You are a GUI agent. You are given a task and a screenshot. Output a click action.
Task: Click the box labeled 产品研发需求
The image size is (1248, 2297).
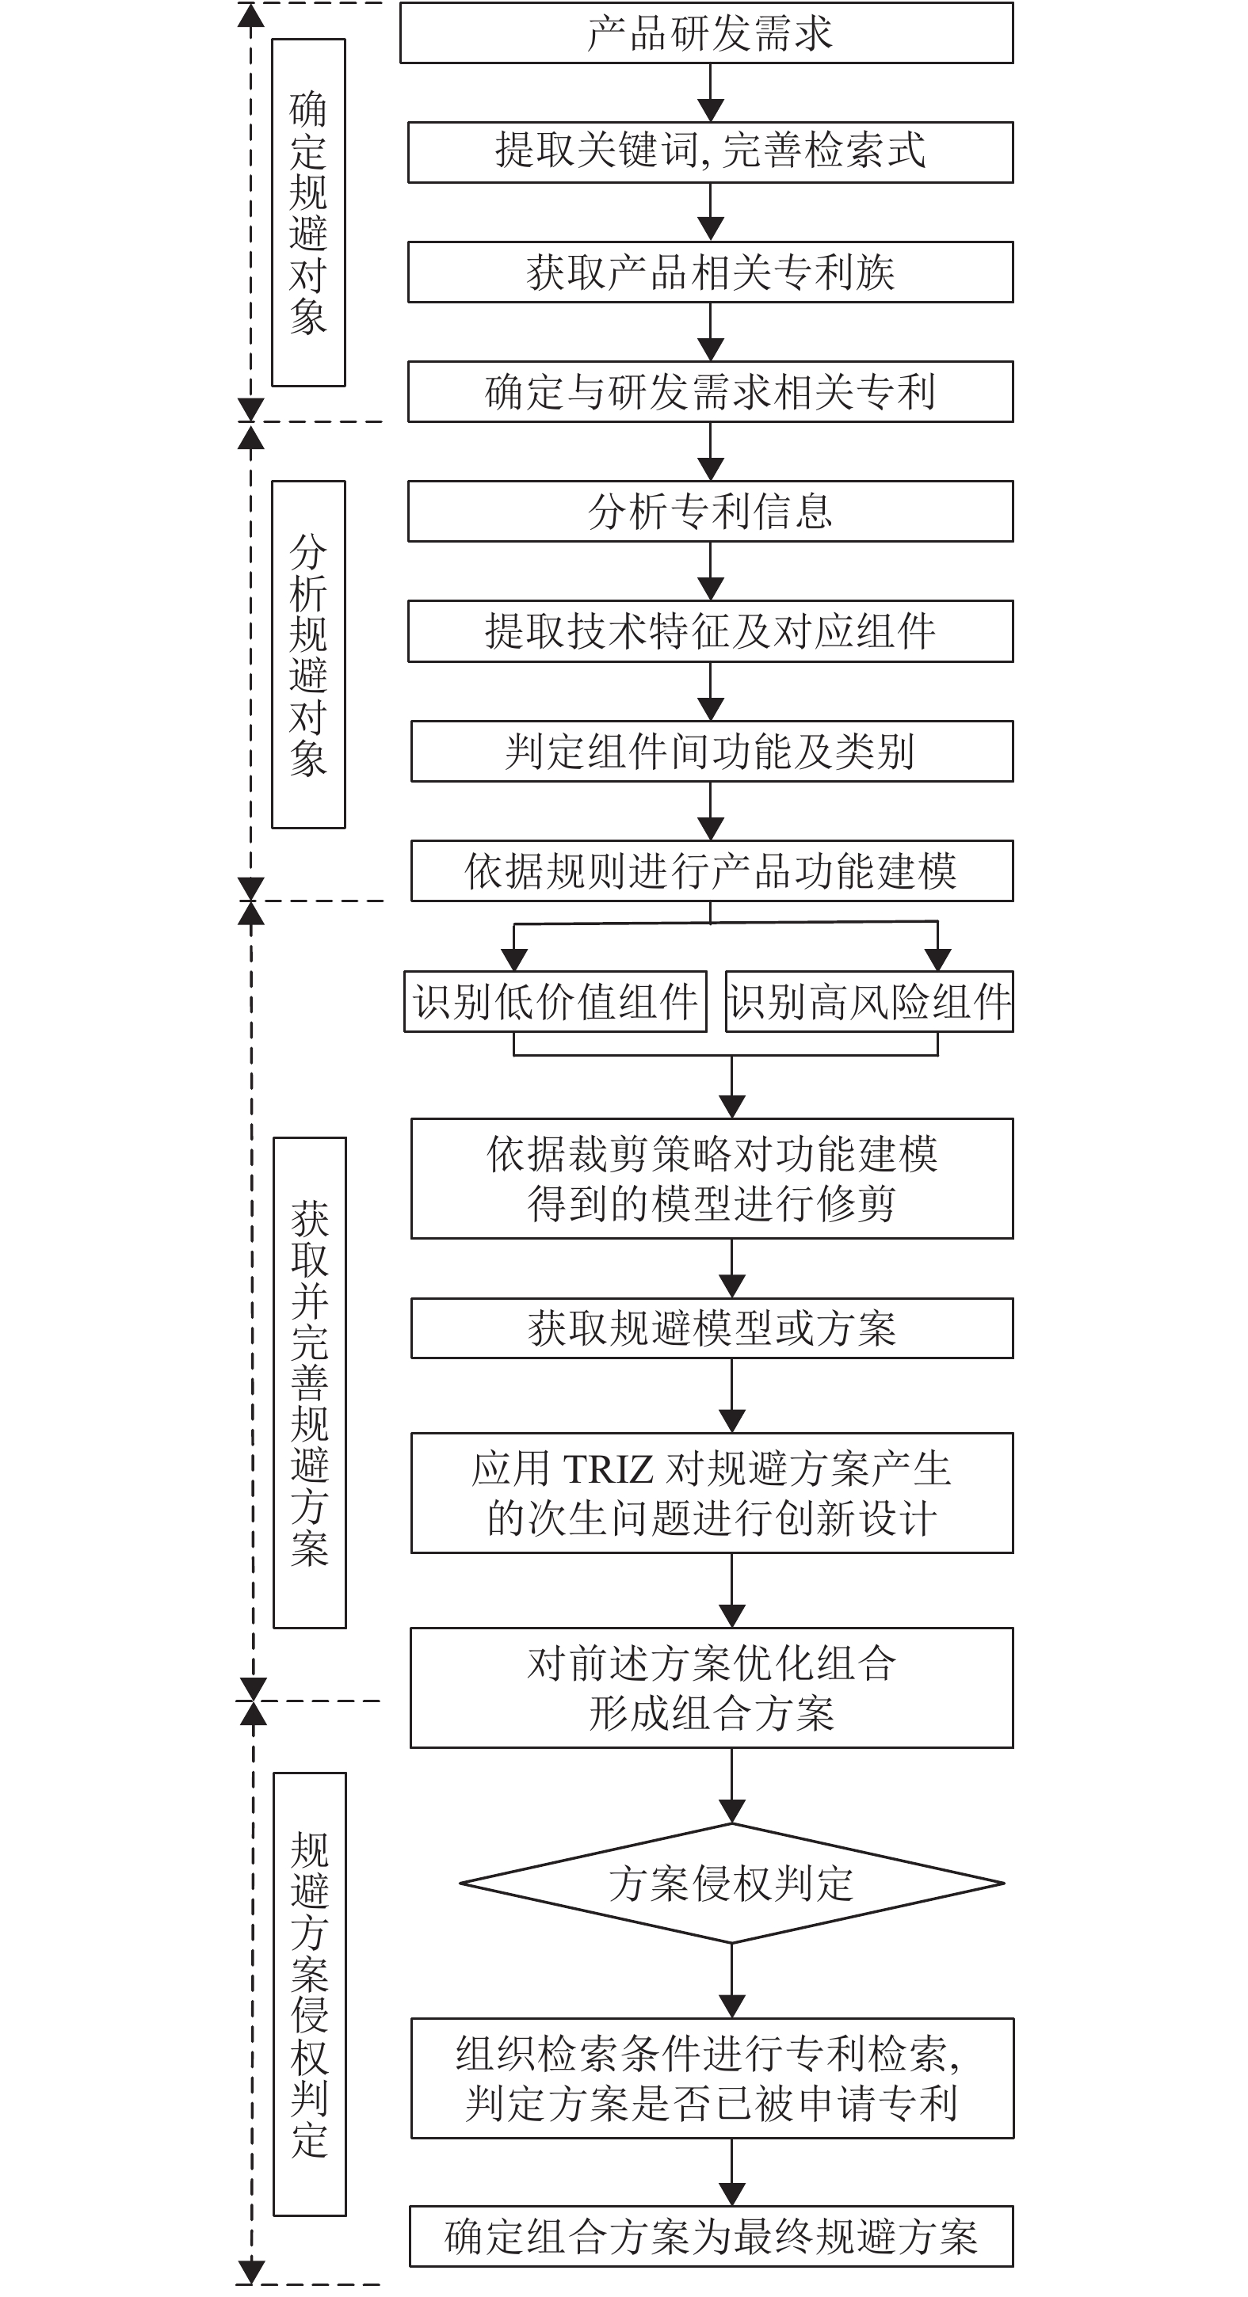pos(706,33)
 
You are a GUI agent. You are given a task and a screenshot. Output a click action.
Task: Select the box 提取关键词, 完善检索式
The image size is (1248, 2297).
pos(710,153)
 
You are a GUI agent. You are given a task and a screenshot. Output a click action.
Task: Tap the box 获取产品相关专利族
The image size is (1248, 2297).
pos(710,272)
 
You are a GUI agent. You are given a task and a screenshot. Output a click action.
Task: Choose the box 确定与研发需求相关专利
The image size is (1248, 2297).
pos(710,391)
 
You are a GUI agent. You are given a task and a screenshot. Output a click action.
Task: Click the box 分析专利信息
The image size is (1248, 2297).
pos(710,511)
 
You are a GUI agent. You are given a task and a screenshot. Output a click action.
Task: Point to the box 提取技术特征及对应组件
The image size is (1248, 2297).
pos(710,631)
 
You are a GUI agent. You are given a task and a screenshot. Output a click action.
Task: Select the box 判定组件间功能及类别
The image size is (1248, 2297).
pos(711,751)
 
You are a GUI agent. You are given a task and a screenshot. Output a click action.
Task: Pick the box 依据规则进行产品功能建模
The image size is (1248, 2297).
pos(711,870)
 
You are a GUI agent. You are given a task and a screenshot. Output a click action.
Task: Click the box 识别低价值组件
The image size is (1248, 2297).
pos(555,1001)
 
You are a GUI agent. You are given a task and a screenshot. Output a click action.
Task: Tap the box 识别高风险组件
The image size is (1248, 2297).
pos(869,1001)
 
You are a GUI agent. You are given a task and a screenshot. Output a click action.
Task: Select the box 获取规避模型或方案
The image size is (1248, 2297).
pos(711,1328)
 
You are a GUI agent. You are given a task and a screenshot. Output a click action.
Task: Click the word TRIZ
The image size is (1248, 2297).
pos(609,1469)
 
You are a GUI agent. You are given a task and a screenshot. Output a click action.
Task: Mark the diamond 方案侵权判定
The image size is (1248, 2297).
pos(731,1884)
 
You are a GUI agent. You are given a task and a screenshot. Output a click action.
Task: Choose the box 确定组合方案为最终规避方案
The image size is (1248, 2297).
pos(711,2235)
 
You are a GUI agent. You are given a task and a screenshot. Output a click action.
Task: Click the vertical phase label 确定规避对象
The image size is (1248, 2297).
pos(309,212)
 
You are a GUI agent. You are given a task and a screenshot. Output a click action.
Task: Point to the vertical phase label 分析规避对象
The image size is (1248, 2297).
pos(309,654)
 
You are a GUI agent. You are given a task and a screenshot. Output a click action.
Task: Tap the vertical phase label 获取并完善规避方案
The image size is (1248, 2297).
pos(310,1382)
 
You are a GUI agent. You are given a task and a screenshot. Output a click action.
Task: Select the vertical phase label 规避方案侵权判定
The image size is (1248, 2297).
pos(310,1994)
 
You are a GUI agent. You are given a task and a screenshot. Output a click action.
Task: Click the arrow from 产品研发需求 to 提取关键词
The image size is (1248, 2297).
pos(710,93)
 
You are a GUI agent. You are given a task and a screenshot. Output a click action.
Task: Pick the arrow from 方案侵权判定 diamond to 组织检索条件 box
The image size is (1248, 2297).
pos(731,1979)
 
